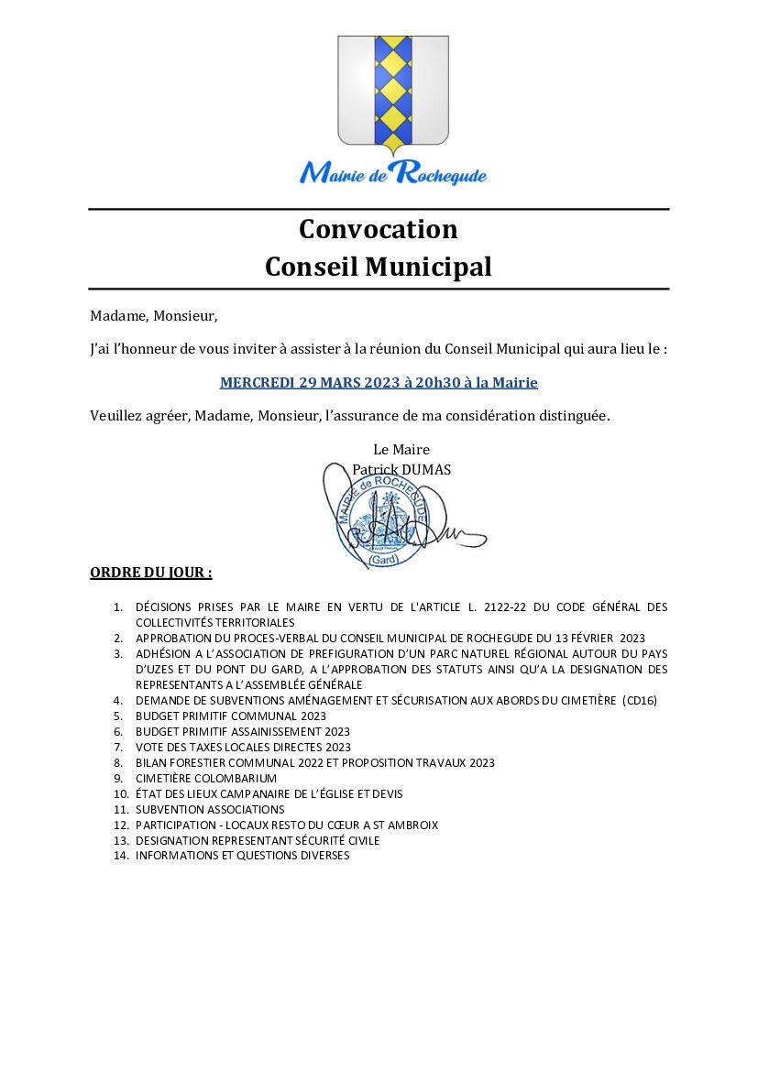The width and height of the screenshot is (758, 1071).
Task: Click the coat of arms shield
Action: [392, 92]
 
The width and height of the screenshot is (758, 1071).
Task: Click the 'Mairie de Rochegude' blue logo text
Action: [392, 171]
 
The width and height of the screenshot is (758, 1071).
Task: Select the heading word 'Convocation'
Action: [378, 228]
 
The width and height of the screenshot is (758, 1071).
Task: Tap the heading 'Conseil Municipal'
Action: [378, 267]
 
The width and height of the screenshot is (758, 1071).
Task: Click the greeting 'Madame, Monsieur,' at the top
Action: [154, 316]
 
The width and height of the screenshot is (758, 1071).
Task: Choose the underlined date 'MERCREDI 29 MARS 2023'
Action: [305, 382]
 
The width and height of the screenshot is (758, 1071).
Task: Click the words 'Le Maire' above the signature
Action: [401, 449]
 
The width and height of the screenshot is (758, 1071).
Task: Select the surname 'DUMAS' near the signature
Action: [423, 470]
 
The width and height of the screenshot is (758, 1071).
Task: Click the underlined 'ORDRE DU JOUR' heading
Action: [150, 573]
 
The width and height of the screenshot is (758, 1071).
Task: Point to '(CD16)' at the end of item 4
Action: [640, 701]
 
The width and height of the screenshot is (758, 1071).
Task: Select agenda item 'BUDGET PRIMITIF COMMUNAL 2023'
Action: [231, 716]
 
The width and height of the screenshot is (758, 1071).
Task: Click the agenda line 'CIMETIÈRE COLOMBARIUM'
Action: [206, 779]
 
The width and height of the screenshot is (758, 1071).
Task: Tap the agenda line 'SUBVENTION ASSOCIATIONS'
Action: [210, 810]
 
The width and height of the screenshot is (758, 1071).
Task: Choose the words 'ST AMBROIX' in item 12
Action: [406, 825]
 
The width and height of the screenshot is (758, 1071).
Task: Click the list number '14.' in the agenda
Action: [121, 856]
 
